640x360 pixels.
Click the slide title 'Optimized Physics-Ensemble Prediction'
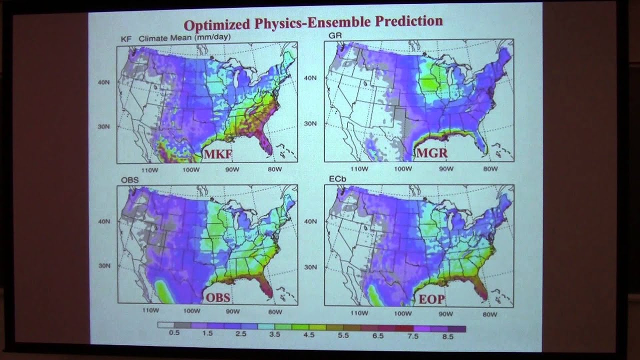313,23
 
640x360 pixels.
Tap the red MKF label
217,154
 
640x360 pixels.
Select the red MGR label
431,153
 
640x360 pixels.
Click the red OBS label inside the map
218,297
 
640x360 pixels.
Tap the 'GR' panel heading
334,35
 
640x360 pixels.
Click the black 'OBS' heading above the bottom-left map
129,179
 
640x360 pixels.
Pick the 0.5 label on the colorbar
174,334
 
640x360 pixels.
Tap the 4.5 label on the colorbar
309,335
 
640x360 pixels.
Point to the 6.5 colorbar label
378,336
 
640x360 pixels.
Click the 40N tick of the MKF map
104,82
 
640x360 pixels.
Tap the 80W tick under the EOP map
489,314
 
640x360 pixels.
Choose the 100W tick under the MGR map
402,169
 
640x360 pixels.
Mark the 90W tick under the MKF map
233,169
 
